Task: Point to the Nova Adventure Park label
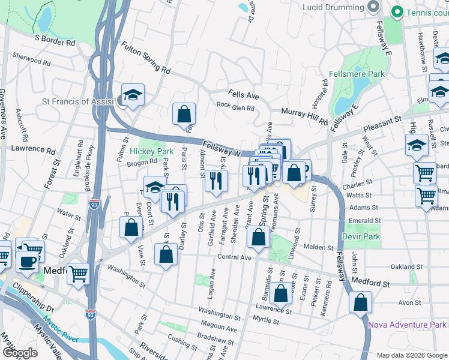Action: [x=406, y=325]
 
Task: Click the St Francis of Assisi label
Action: [x=77, y=102]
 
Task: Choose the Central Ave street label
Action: [x=234, y=257]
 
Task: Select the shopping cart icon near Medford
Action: [x=78, y=274]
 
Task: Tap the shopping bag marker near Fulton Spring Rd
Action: [x=184, y=113]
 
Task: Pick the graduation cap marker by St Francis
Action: [x=133, y=94]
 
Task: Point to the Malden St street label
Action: [x=318, y=247]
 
